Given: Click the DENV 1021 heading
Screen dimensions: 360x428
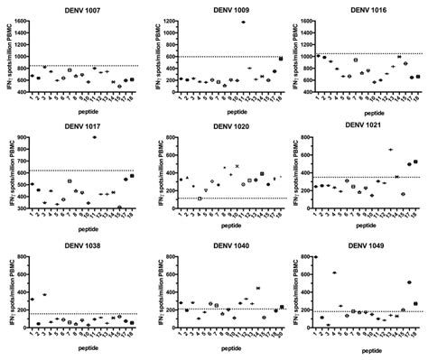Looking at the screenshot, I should pos(363,127).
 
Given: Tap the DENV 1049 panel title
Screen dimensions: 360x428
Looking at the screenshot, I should pos(363,246).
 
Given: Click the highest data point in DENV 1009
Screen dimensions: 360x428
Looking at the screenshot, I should pos(243,23).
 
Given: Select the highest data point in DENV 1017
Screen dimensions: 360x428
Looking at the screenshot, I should pos(96,137).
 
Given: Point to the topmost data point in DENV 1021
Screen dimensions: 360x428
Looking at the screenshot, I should pos(390,150).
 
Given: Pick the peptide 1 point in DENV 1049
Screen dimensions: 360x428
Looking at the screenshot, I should pos(315,257).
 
